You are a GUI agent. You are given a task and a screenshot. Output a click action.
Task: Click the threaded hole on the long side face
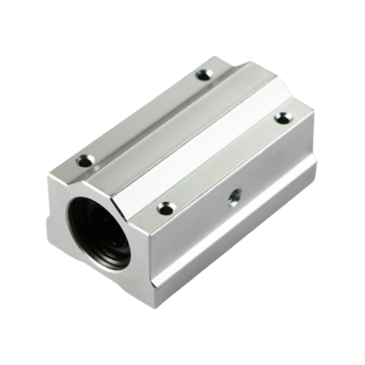coord(234,197)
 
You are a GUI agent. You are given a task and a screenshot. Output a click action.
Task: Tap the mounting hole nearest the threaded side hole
coord(165,209)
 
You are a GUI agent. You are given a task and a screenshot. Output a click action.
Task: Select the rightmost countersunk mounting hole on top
coord(283,117)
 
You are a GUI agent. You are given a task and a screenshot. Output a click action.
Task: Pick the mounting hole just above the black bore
coord(86,161)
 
